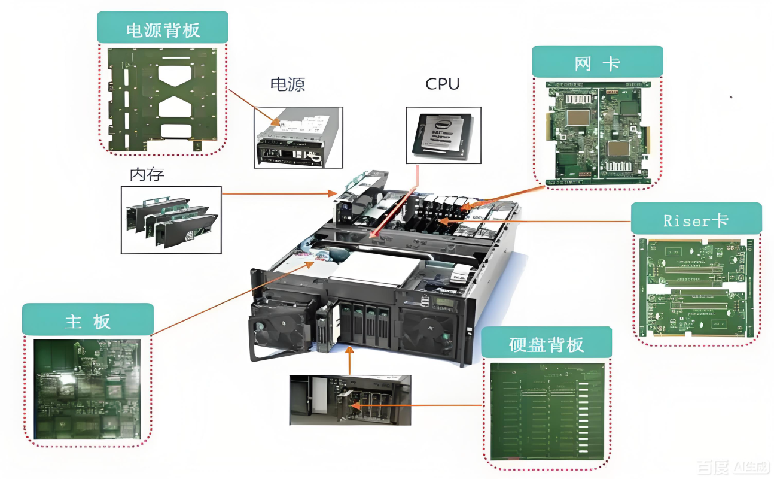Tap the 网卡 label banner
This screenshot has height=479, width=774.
pyautogui.click(x=597, y=62)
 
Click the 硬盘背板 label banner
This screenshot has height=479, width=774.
pyautogui.click(x=546, y=343)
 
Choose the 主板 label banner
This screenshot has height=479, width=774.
pyautogui.click(x=87, y=320)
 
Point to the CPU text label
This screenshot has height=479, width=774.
pyautogui.click(x=443, y=84)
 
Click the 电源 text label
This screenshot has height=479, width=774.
pyautogui.click(x=288, y=84)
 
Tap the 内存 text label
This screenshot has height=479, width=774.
pyautogui.click(x=147, y=175)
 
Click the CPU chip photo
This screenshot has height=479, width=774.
pyautogui.click(x=443, y=135)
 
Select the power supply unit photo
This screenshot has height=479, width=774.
pyautogui.click(x=298, y=138)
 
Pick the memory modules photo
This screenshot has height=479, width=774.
pyautogui.click(x=170, y=220)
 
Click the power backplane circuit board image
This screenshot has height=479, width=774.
pyautogui.click(x=163, y=99)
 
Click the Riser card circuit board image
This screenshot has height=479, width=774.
pyautogui.click(x=696, y=289)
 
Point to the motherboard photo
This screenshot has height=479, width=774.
pyautogui.click(x=87, y=390)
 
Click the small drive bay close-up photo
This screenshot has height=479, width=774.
pyautogui.click(x=350, y=400)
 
